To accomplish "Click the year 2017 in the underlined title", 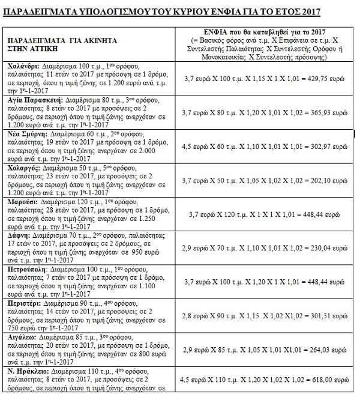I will (309, 12).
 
